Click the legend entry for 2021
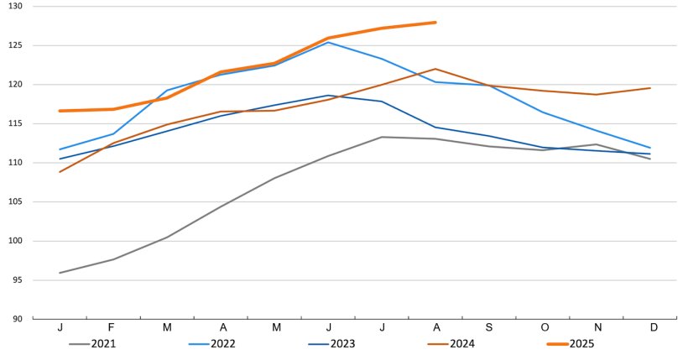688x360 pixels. (103, 344)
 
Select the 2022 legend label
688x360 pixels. (223, 344)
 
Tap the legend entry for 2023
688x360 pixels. (342, 344)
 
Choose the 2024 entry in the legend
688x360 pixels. (461, 344)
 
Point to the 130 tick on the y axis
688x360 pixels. (16, 7)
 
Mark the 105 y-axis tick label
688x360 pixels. (16, 202)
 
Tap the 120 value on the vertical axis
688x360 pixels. (16, 85)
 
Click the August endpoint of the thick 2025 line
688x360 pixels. (435, 23)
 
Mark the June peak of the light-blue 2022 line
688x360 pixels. (328, 42)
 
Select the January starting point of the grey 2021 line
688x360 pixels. (60, 273)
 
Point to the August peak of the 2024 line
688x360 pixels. (435, 69)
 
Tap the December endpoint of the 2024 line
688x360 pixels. (650, 88)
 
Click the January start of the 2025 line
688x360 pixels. (60, 111)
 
